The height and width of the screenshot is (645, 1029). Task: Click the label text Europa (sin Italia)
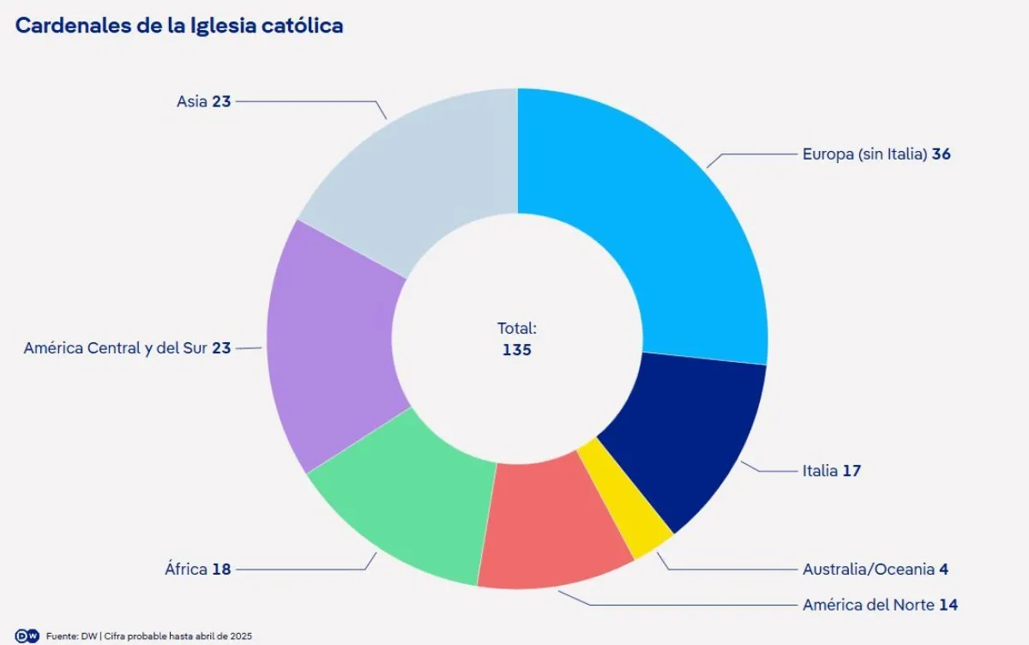[x=865, y=154]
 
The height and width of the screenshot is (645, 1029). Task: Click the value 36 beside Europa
[x=942, y=154]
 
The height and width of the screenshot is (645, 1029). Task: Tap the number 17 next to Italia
[x=851, y=471]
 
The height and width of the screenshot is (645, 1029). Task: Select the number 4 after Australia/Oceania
[x=943, y=569]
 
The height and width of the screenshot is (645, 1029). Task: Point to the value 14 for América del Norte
[x=948, y=605]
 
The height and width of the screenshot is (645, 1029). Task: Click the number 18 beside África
[x=221, y=569]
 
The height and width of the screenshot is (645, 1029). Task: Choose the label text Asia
[x=192, y=101]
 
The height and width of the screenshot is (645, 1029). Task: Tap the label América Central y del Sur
[x=116, y=348]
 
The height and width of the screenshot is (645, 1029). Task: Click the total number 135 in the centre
[x=517, y=350]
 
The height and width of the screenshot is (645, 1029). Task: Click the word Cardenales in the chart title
[x=69, y=26]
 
